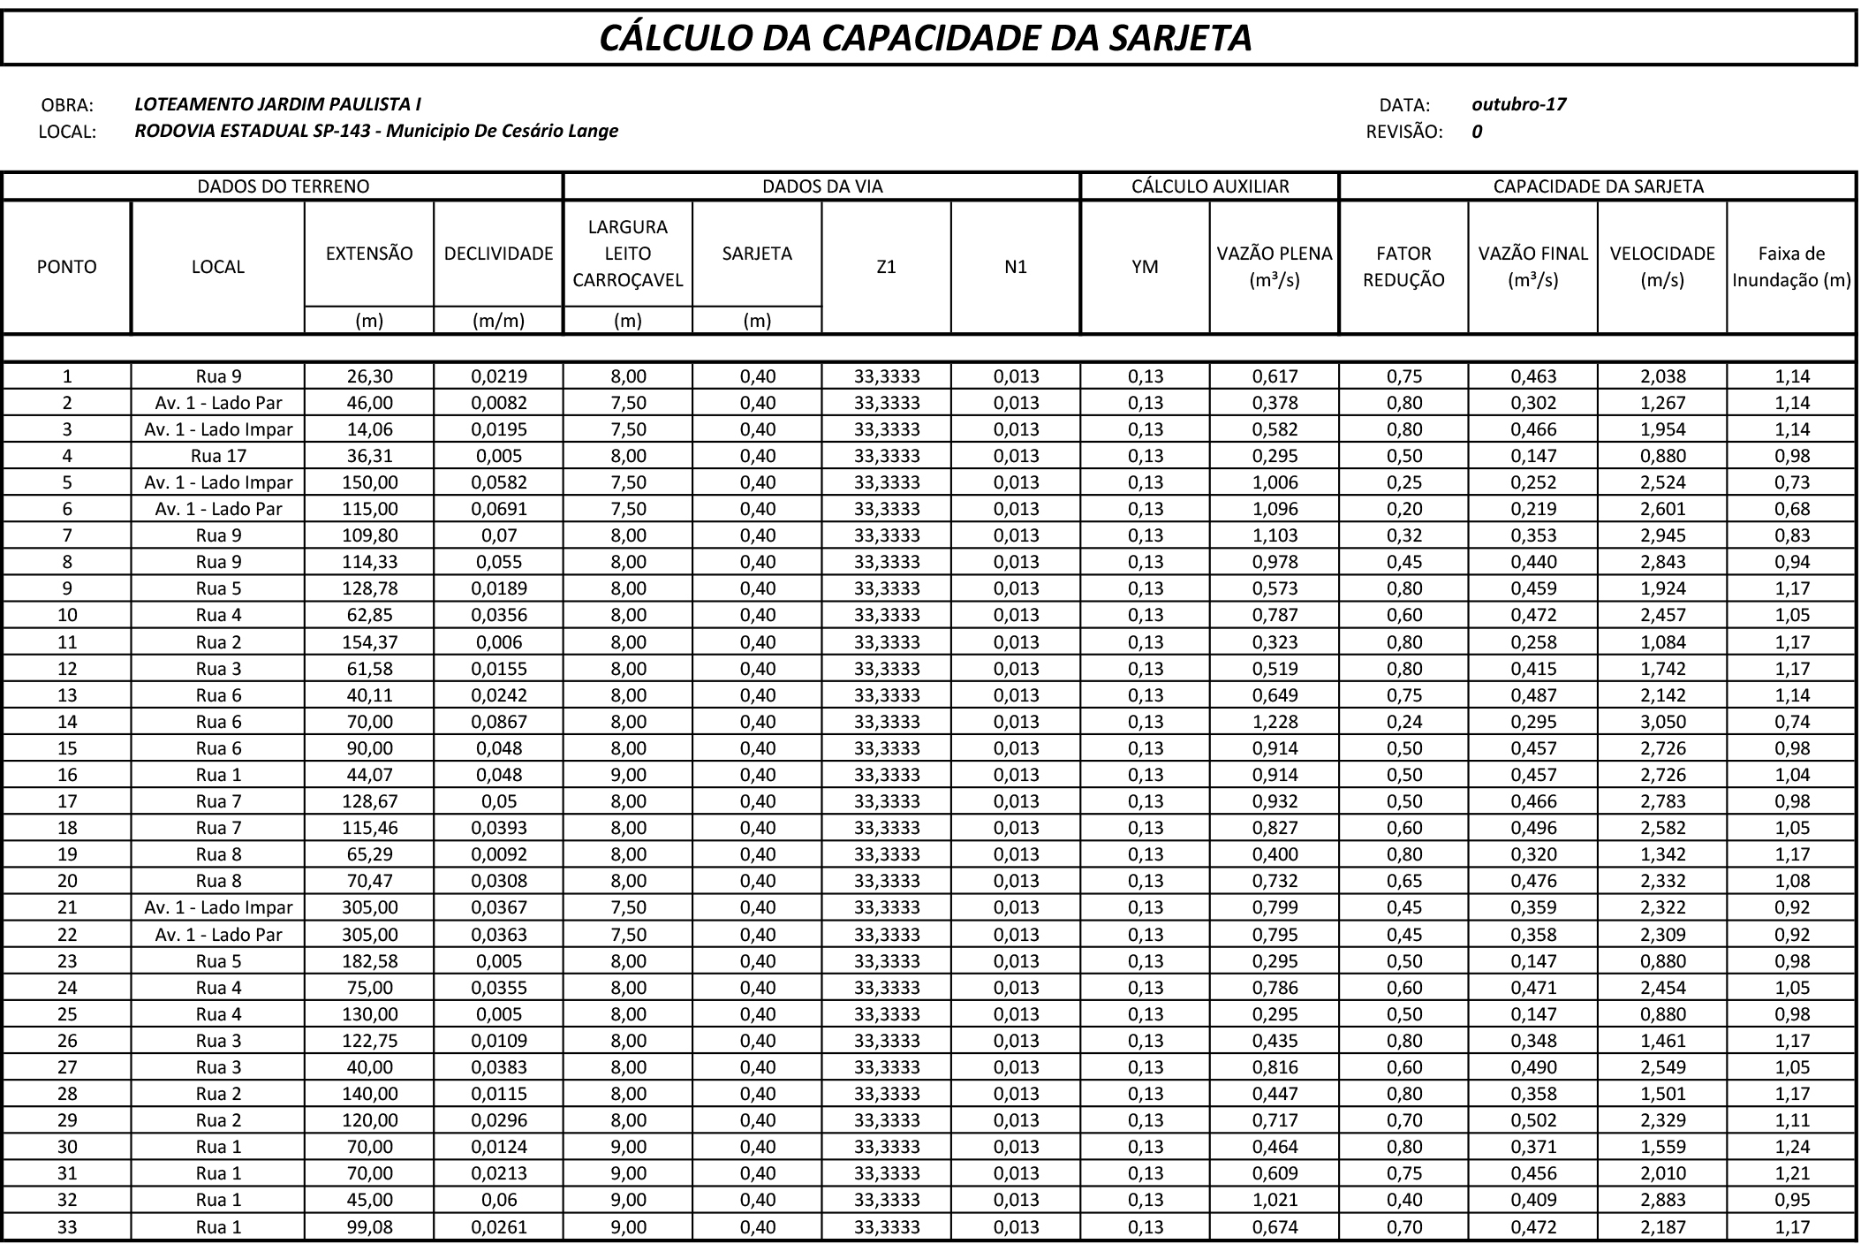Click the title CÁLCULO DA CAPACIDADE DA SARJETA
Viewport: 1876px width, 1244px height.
point(926,38)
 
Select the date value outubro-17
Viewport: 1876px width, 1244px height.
point(1518,104)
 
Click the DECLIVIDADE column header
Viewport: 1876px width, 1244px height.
point(498,254)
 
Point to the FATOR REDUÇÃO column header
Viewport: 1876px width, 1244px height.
point(1403,267)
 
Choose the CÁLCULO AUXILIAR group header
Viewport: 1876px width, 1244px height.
point(1210,186)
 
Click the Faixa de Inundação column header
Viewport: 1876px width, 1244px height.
point(1791,267)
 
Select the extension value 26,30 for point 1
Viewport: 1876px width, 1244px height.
point(369,376)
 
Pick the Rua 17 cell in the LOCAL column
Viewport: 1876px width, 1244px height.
point(218,456)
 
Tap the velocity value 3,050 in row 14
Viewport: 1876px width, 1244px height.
point(1662,722)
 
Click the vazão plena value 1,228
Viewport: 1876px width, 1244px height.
point(1275,722)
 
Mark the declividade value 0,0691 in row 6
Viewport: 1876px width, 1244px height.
point(498,509)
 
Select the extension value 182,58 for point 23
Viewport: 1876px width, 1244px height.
point(369,961)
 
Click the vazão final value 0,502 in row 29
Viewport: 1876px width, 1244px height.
point(1532,1120)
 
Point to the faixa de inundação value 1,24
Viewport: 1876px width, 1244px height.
point(1791,1147)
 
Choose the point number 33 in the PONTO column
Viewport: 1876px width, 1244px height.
point(67,1227)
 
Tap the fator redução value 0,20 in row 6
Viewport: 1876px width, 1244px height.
point(1403,509)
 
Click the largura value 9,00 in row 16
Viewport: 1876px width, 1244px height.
point(628,775)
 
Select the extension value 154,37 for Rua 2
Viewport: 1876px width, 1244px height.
point(369,642)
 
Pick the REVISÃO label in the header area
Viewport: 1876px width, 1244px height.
point(1403,133)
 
